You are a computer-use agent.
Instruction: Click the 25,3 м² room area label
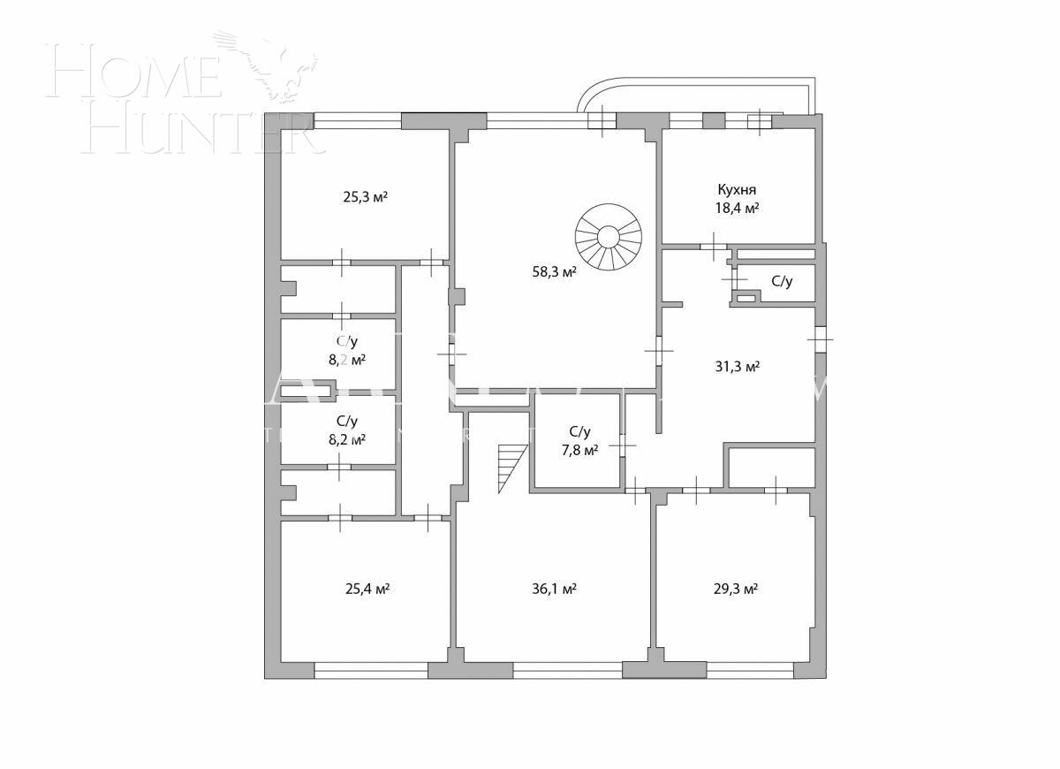[364, 197]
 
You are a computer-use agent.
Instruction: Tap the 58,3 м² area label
[553, 272]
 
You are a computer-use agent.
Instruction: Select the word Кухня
[736, 189]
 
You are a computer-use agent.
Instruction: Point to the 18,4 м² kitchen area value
[737, 209]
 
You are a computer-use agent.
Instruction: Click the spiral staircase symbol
[608, 237]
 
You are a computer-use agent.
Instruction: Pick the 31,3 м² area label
[737, 367]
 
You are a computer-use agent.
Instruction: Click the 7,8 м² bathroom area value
[579, 450]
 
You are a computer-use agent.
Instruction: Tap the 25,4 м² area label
[366, 589]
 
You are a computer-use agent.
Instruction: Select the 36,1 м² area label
[554, 589]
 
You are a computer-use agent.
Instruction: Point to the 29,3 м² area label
[736, 589]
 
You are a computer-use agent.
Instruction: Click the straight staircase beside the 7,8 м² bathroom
[511, 467]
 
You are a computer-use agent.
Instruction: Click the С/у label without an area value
[782, 282]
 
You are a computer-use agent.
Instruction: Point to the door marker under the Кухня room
[713, 245]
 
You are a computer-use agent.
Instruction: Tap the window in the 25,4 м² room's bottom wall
[371, 671]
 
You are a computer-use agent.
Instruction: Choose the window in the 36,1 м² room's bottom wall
[567, 671]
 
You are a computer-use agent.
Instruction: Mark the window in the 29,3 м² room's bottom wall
[749, 671]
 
